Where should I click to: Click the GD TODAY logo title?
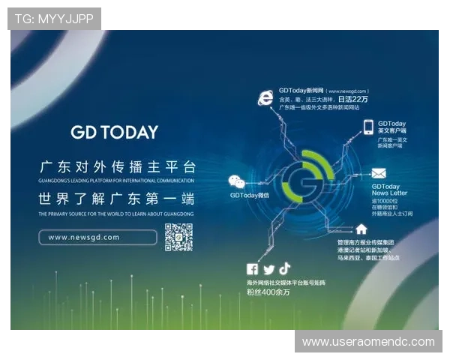point(114,133)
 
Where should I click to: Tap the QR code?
point(179,237)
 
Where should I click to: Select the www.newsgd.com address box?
point(97,237)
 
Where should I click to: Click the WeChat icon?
point(236,181)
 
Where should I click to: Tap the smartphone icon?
point(367,127)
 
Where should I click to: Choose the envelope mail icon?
point(379,173)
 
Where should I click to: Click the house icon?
point(361,229)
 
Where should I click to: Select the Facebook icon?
point(252,270)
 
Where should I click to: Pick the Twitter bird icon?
point(268,270)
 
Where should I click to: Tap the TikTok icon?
point(284,268)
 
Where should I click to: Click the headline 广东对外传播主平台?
point(116,166)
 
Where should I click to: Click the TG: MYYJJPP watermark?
point(54,19)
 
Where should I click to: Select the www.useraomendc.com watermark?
point(368,342)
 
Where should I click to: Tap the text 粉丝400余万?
point(268,292)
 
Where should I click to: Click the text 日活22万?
point(353,99)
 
